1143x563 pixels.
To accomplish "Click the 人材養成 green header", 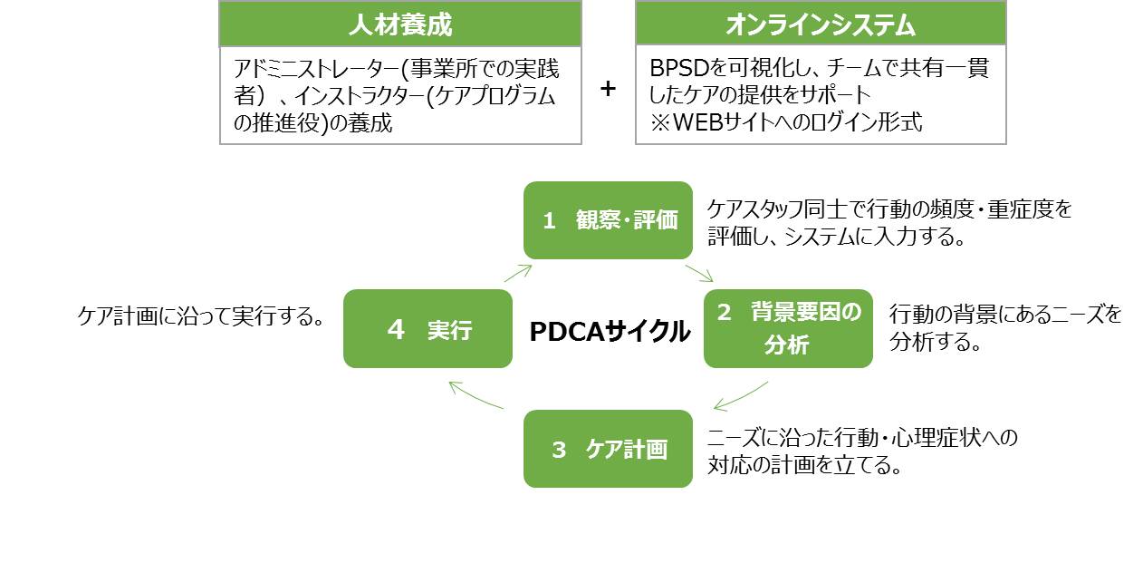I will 399,24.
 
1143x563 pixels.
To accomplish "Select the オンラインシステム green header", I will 821,24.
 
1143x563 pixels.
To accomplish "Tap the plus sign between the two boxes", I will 609,89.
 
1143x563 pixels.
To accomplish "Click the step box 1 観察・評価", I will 608,220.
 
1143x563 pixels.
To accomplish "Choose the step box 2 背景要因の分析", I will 788,328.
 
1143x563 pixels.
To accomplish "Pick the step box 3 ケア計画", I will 608,449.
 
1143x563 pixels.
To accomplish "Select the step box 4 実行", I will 427,328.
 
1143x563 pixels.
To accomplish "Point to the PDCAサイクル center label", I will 609,332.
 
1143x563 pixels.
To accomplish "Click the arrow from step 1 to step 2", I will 699,272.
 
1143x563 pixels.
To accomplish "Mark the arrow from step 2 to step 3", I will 741,396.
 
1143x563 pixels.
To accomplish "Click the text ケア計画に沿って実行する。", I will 201,316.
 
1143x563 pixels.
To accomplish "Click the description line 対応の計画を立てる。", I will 803,465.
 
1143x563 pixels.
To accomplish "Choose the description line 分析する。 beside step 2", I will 936,342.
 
